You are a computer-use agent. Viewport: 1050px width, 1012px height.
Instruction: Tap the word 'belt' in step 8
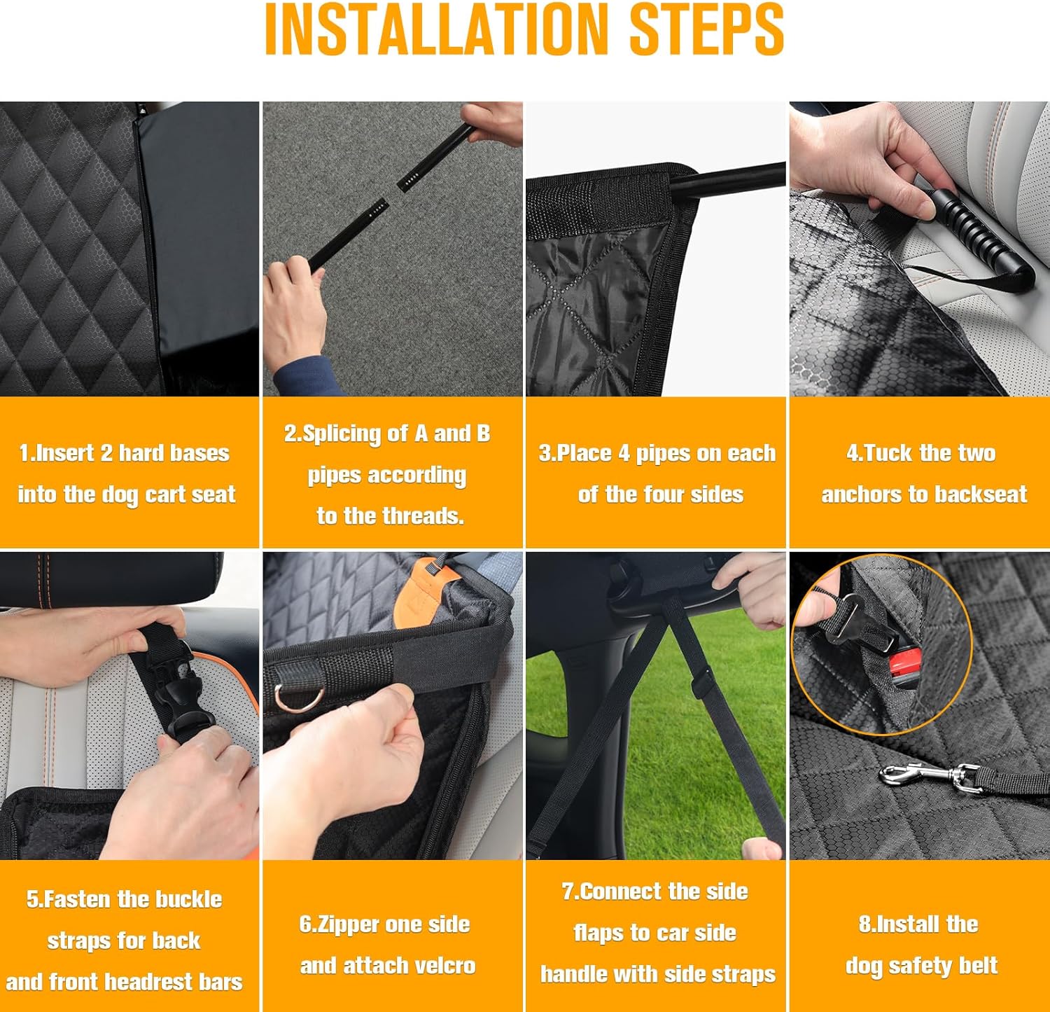point(976,966)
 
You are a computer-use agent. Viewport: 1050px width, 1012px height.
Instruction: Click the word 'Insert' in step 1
point(65,453)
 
